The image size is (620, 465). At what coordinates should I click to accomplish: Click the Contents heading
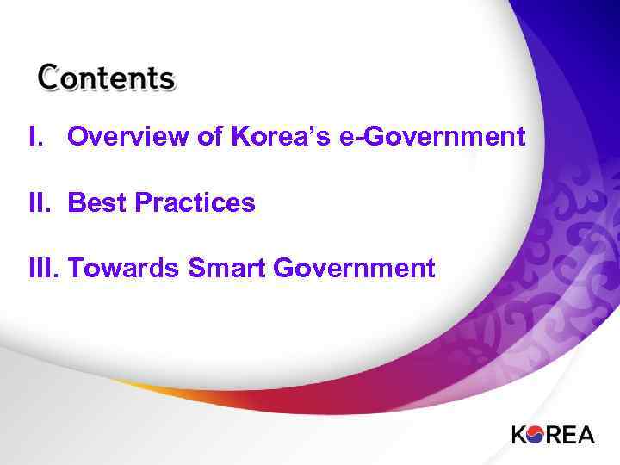point(106,78)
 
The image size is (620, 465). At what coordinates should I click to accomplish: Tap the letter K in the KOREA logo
point(519,434)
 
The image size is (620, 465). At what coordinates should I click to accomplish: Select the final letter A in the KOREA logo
point(585,434)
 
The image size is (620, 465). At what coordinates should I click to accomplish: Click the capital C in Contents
point(48,78)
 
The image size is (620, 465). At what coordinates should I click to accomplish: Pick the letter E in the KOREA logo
point(568,434)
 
